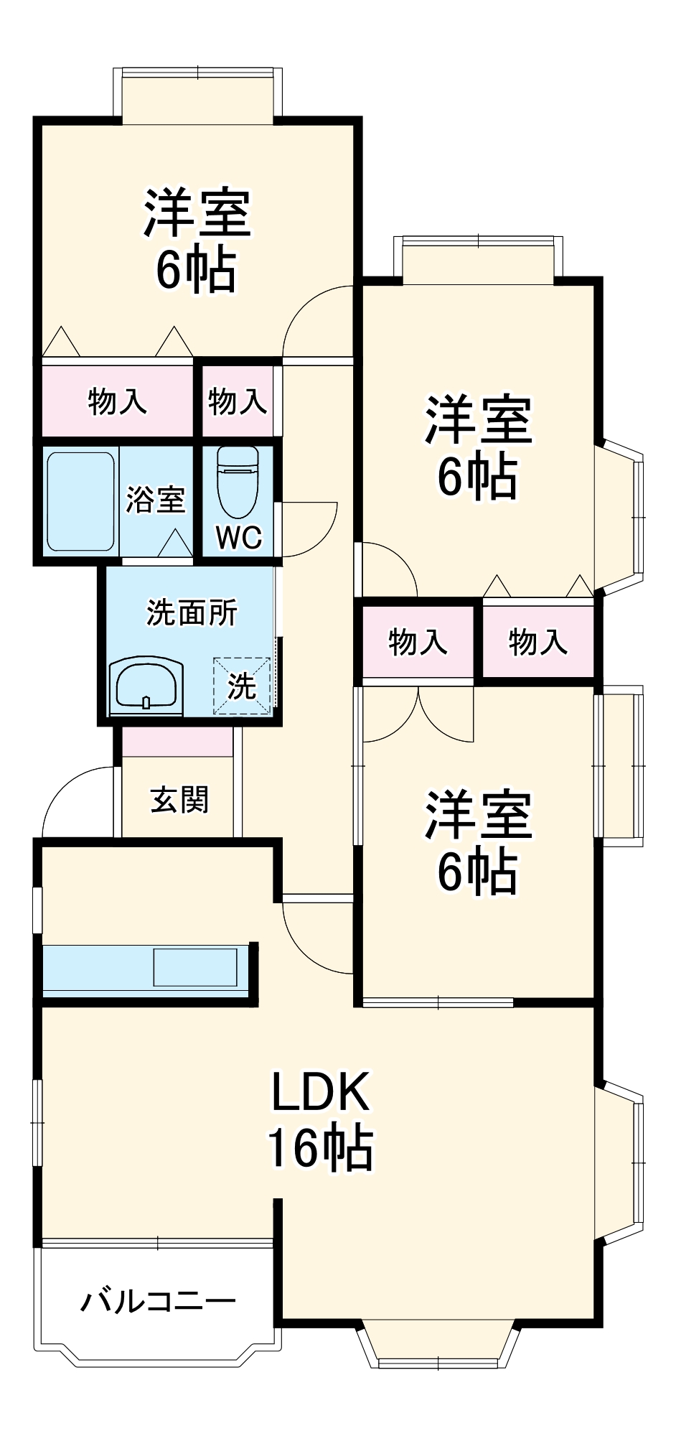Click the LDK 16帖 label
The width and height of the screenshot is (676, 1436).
pyautogui.click(x=320, y=1120)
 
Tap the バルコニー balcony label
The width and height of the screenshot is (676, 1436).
pyautogui.click(x=158, y=1300)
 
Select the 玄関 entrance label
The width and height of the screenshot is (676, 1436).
pyautogui.click(x=179, y=799)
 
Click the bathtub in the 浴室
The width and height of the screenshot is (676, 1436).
pyautogui.click(x=81, y=500)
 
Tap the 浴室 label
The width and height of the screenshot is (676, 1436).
pyautogui.click(x=155, y=500)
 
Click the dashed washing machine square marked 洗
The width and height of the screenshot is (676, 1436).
pyautogui.click(x=242, y=686)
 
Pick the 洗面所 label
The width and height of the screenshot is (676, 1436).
pyautogui.click(x=192, y=612)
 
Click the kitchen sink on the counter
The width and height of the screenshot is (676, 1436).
pyautogui.click(x=195, y=967)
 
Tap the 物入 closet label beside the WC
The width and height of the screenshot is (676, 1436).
pyautogui.click(x=238, y=401)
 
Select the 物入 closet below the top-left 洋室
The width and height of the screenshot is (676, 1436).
pyautogui.click(x=117, y=401)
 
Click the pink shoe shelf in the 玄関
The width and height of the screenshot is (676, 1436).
pyautogui.click(x=177, y=742)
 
